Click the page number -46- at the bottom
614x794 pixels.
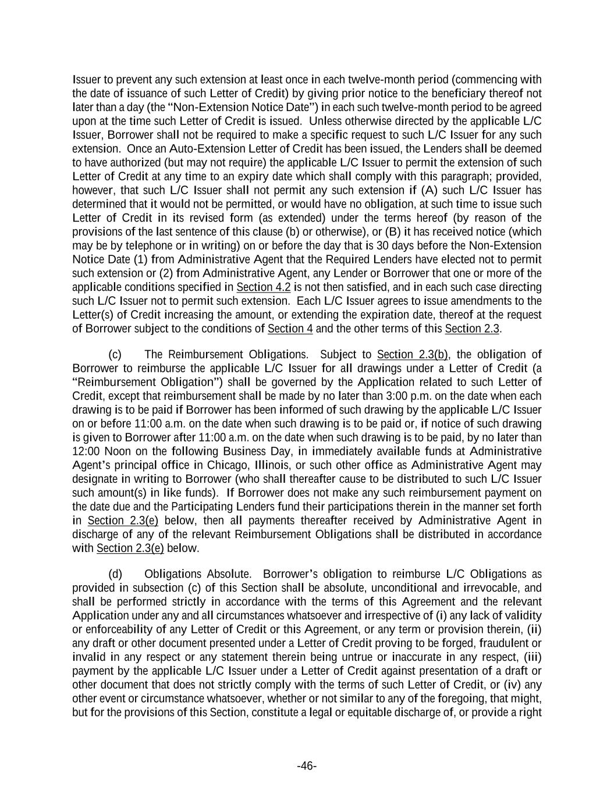307,766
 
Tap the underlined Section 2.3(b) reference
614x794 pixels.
413,355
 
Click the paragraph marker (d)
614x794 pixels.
115,574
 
